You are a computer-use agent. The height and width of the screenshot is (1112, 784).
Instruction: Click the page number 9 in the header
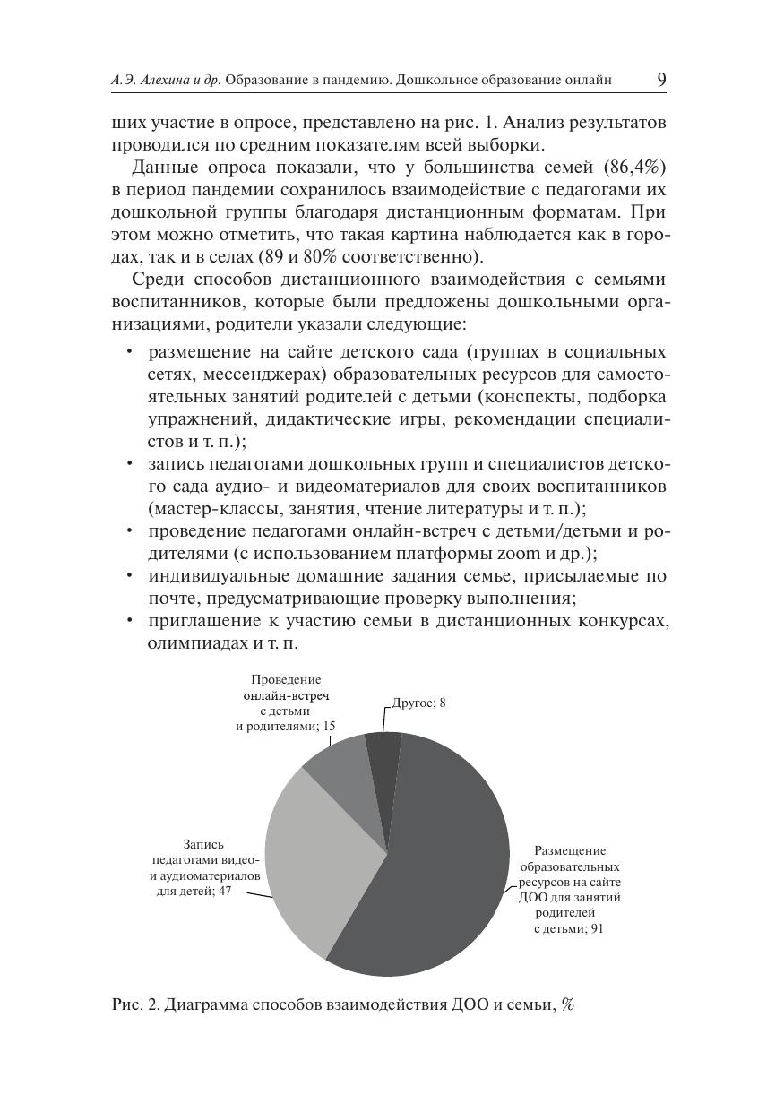pos(661,80)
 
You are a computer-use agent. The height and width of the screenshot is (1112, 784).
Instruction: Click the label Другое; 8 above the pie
pos(419,703)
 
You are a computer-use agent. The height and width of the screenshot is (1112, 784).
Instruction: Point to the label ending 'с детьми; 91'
pos(569,929)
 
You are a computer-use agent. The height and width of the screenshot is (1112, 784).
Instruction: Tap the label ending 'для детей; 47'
pos(194,892)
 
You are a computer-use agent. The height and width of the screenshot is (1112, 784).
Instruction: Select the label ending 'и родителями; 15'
pos(279,726)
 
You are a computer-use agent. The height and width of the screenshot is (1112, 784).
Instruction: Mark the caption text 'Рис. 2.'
pos(135,1005)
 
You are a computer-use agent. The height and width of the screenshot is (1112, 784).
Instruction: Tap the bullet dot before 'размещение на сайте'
pos(131,351)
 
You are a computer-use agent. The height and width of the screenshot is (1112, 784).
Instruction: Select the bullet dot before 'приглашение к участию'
pos(131,621)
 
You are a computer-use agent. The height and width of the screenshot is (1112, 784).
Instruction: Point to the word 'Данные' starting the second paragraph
pos(162,168)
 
